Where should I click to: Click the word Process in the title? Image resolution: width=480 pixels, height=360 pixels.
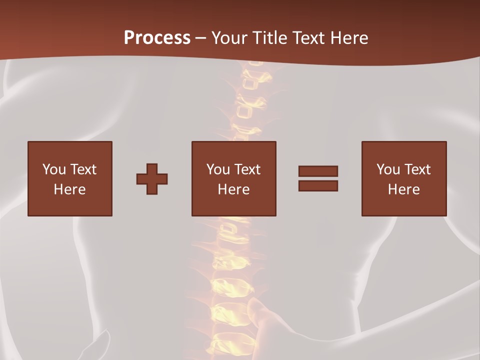[x=157, y=38]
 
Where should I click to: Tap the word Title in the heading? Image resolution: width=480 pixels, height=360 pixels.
[x=268, y=38]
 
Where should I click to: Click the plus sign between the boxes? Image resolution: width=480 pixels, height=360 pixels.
[x=152, y=179]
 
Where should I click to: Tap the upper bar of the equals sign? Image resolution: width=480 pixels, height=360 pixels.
[x=318, y=171]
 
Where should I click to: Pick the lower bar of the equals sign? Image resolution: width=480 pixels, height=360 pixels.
[x=318, y=185]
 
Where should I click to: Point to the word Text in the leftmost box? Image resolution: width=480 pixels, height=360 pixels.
[x=83, y=169]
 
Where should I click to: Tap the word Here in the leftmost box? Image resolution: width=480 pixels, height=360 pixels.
[x=70, y=189]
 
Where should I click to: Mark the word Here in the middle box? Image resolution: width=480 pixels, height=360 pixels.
[x=234, y=189]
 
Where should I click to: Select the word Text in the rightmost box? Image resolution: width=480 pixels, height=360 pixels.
[x=417, y=169]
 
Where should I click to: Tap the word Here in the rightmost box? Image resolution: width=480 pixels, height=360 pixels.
[x=404, y=189]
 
